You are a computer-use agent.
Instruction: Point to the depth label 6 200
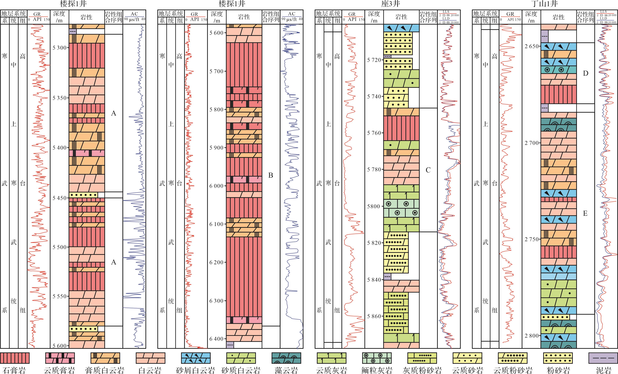click(216, 262)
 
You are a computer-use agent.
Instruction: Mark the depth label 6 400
click(216, 339)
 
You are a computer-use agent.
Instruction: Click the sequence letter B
click(271, 175)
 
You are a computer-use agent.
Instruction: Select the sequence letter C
click(428, 170)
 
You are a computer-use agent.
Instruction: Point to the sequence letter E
click(585, 213)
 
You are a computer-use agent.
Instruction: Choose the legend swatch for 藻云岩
click(286, 358)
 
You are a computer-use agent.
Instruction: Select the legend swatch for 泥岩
click(603, 358)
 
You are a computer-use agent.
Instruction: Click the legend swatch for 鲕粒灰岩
click(377, 358)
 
